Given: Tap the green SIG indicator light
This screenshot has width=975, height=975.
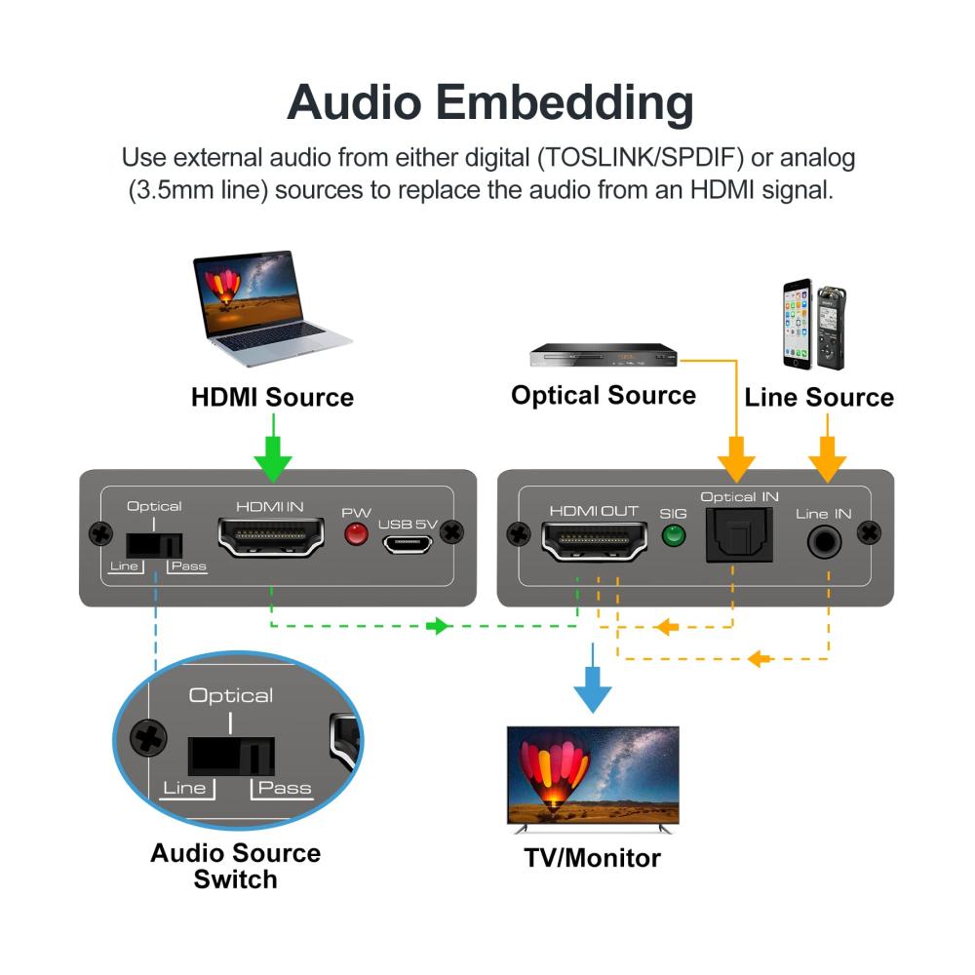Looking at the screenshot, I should (x=673, y=535).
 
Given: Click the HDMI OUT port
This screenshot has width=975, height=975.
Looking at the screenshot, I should (x=594, y=541).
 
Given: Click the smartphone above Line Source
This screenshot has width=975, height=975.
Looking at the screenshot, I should (x=797, y=325).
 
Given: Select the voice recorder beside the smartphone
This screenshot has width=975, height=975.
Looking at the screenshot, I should (x=830, y=328).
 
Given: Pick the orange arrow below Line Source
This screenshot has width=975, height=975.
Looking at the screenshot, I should (x=828, y=456).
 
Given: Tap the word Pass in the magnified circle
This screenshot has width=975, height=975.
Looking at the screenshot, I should (x=285, y=788).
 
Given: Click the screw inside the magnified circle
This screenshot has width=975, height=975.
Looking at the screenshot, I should (x=148, y=738).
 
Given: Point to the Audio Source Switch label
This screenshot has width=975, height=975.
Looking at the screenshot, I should (x=235, y=866).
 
